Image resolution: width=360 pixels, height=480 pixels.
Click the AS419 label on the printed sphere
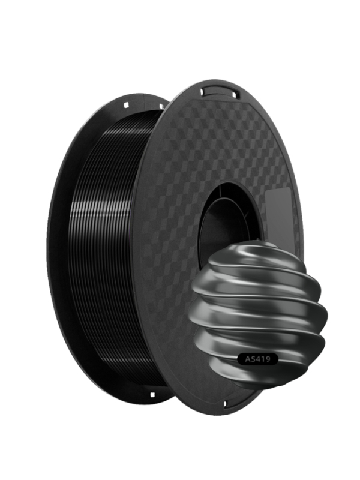(x=258, y=359)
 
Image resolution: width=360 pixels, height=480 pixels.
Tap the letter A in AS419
(x=248, y=359)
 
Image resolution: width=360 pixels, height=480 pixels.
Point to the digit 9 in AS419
(x=268, y=359)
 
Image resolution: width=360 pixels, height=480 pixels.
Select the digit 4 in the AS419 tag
(x=259, y=359)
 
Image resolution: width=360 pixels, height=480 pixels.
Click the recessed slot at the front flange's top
(x=219, y=91)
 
